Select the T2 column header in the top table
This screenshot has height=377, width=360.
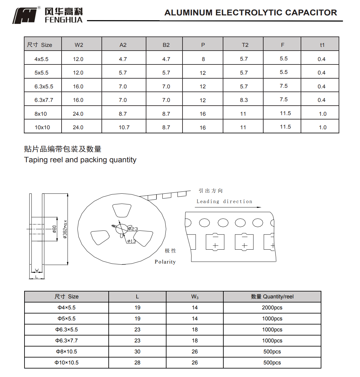245,45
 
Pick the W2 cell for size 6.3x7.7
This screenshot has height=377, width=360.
78,100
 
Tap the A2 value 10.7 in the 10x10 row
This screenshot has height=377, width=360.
124,127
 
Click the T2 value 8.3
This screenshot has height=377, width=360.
244,100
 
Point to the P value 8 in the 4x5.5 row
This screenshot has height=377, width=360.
203,59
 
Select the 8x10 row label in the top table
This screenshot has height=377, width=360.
41,114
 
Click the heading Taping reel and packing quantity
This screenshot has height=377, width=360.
80,160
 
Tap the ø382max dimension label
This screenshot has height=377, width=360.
65,229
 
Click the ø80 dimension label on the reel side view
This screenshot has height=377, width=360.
54,229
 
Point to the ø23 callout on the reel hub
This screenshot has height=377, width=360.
133,229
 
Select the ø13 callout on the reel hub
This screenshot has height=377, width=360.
132,241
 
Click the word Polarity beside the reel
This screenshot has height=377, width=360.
165,262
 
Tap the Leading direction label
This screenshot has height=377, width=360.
224,202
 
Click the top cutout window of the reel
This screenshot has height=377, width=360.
122,210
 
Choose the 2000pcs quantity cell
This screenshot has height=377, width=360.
272,308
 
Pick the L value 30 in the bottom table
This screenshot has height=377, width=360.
137,352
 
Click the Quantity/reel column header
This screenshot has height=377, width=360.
272,297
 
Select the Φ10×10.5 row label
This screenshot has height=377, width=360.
67,363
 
